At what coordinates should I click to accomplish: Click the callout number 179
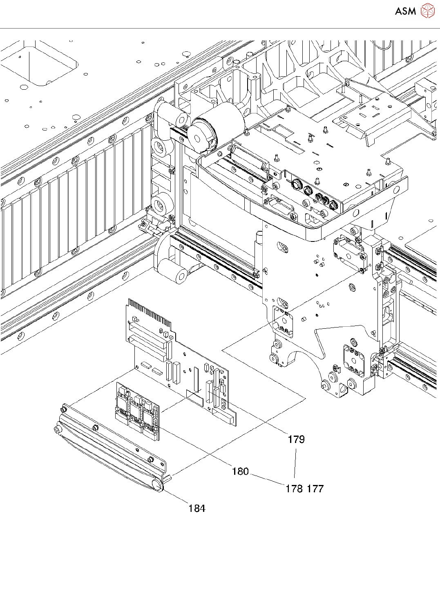(296, 439)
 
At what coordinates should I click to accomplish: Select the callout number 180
(240, 471)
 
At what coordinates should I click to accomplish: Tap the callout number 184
(197, 509)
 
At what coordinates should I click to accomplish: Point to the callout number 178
(294, 489)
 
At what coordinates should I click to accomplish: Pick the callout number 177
(315, 489)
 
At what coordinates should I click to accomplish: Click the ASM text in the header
(405, 11)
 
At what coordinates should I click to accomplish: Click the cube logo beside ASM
(428, 11)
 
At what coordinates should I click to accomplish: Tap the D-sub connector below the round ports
(280, 208)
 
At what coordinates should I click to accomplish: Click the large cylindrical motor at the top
(217, 122)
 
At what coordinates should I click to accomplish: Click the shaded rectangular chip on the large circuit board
(194, 397)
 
